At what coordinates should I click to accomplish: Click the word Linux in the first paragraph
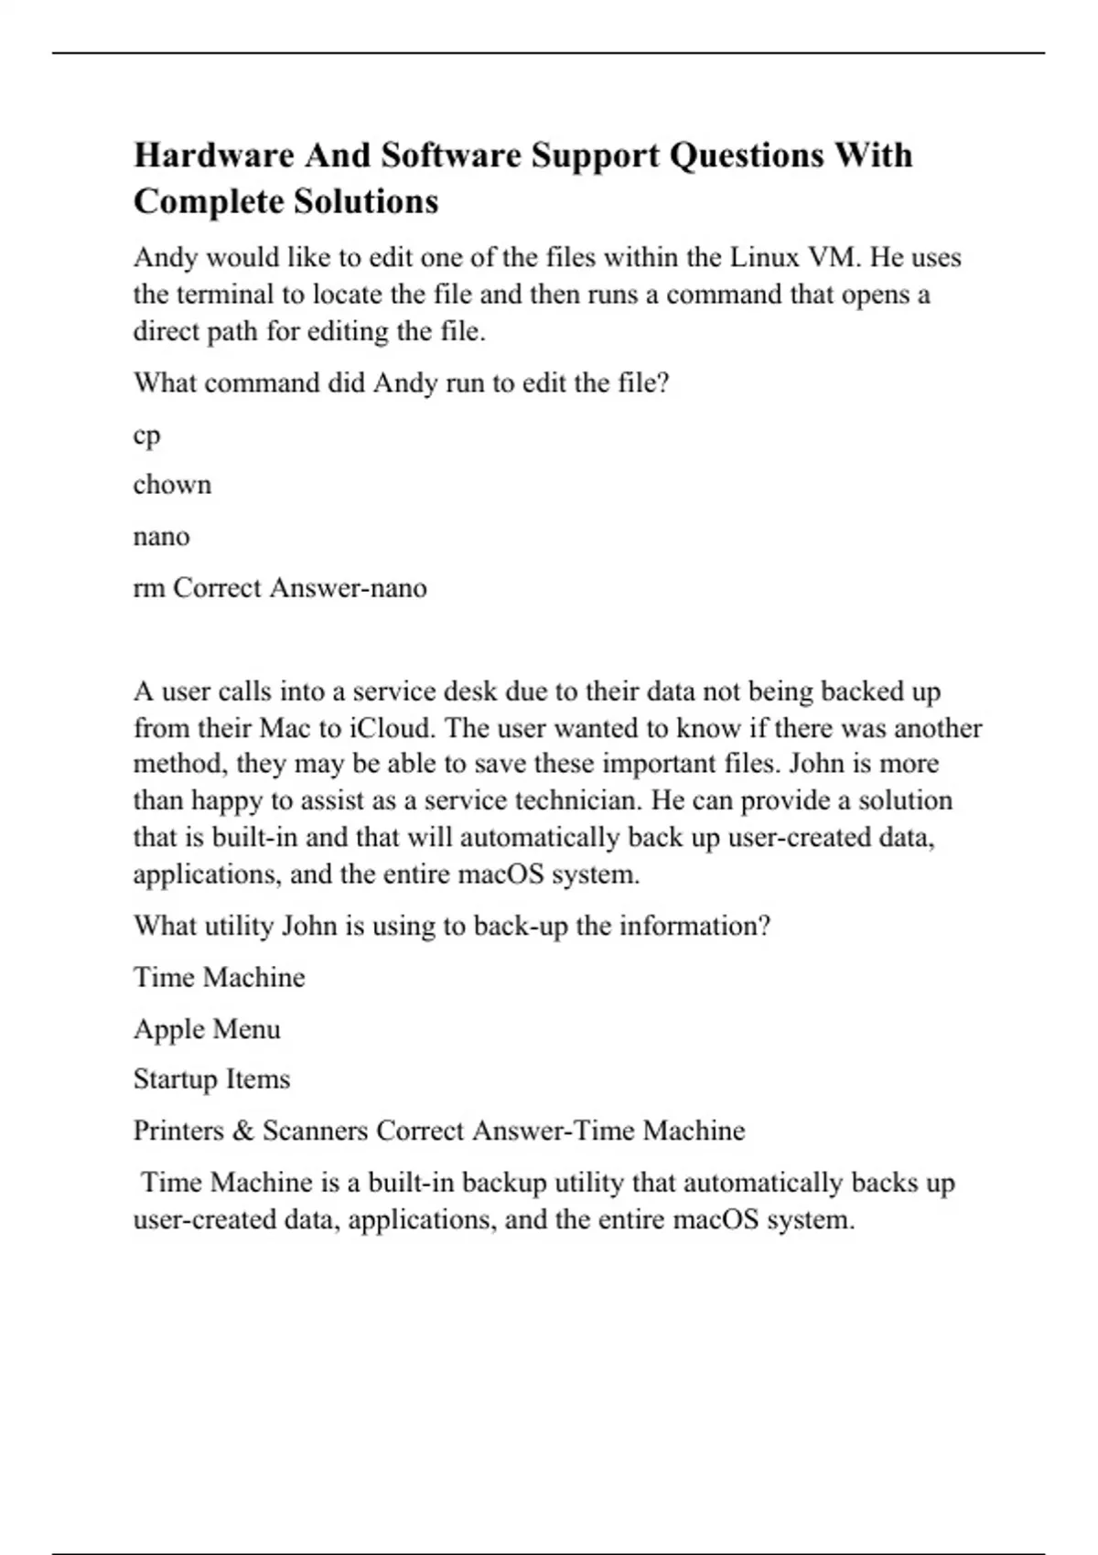[x=764, y=257]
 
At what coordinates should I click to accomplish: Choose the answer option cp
[x=146, y=435]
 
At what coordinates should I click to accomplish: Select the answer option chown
[x=172, y=484]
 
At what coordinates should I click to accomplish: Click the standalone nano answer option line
[x=161, y=536]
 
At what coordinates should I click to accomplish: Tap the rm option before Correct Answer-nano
[x=148, y=587]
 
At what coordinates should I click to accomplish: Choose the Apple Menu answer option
[x=207, y=1029]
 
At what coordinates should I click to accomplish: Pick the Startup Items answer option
[x=211, y=1079]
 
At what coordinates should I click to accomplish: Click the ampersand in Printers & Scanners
[x=242, y=1131]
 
